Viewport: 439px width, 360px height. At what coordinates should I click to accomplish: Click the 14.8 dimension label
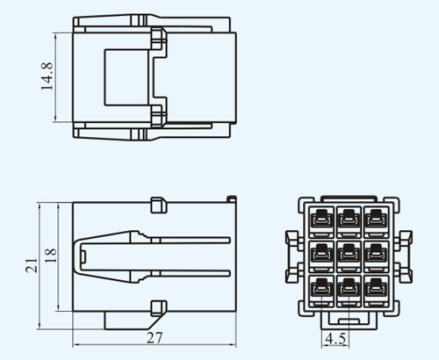coord(47,76)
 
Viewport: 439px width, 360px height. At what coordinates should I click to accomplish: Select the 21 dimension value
coord(32,266)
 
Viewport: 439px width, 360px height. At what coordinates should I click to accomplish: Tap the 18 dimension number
coord(50,256)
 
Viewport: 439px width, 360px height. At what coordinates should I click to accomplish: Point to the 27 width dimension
coord(155,338)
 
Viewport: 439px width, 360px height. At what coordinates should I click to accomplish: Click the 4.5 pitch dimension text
coord(335,339)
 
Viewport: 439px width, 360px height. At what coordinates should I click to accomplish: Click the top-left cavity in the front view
coord(321,222)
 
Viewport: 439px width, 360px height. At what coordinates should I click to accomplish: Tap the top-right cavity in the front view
coord(377,222)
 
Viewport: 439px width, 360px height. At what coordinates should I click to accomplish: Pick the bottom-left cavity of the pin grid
coord(321,291)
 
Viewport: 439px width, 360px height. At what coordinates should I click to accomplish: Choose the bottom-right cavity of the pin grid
coord(377,291)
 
